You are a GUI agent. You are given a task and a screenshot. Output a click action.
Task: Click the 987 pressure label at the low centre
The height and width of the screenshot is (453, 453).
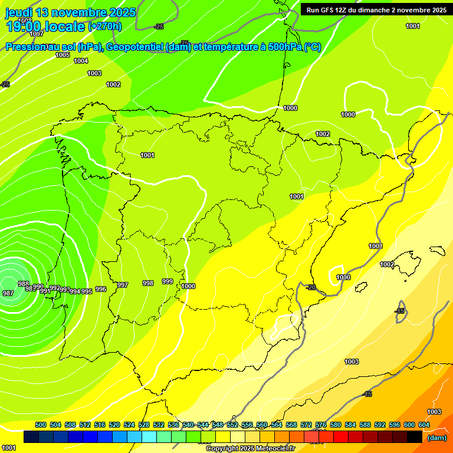[8, 293]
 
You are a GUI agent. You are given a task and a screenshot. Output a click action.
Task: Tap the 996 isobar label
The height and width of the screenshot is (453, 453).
[101, 289]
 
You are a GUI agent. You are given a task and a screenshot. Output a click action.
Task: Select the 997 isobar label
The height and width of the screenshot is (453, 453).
[122, 285]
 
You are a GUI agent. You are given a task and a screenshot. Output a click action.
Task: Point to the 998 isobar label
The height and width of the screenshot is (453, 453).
[148, 283]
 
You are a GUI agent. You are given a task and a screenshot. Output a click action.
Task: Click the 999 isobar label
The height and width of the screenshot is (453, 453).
[168, 281]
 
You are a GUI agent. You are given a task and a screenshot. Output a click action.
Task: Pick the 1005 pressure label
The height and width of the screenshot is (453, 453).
[63, 55]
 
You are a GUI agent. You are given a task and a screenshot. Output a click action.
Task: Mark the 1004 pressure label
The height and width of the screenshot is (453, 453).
[81, 61]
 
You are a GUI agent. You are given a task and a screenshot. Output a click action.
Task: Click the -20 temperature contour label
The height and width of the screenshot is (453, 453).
[311, 287]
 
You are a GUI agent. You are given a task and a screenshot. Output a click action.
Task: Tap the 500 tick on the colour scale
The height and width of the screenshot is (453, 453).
[41, 425]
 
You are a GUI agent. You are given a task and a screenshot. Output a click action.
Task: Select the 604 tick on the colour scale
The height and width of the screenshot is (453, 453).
[424, 425]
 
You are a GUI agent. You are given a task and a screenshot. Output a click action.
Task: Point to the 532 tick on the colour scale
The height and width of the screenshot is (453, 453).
[159, 425]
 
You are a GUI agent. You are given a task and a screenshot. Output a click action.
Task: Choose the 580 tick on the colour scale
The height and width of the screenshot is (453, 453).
[336, 425]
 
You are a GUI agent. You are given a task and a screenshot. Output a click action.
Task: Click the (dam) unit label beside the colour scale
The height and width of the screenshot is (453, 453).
[436, 438]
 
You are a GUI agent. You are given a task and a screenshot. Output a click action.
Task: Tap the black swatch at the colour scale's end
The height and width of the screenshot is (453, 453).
[415, 436]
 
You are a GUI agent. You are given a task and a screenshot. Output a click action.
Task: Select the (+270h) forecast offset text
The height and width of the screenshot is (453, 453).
[105, 26]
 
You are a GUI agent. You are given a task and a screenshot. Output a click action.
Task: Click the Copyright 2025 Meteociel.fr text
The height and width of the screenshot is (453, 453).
[250, 448]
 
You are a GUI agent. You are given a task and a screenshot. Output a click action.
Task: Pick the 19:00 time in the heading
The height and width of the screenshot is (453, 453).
[23, 26]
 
